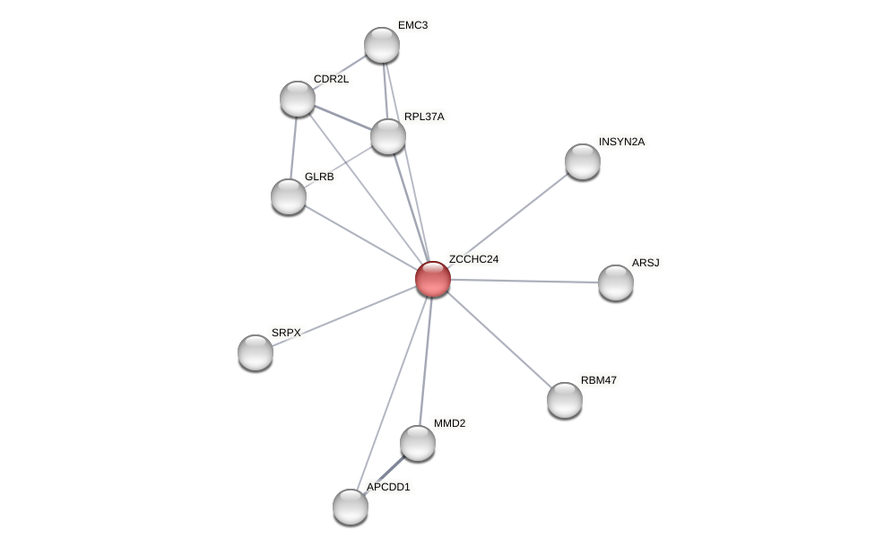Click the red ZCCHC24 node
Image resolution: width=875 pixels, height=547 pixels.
[x=432, y=279]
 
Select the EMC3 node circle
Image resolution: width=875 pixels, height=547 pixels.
[x=381, y=45]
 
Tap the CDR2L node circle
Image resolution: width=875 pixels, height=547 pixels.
[x=297, y=99]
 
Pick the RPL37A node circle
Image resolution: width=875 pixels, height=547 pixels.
[x=387, y=136]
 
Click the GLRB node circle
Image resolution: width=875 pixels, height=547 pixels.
[x=288, y=196]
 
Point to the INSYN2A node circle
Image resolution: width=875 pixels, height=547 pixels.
[x=582, y=161]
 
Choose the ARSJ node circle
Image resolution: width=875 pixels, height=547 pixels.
[x=615, y=282]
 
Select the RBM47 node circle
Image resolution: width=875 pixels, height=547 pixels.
[x=564, y=400]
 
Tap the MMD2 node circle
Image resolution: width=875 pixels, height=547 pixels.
[x=417, y=443]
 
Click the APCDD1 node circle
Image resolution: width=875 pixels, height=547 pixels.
[x=350, y=507]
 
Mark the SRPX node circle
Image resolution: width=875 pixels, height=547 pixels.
[x=255, y=352]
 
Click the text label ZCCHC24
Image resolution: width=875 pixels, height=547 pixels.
[x=473, y=259]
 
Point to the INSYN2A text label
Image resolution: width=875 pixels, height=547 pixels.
[x=621, y=142]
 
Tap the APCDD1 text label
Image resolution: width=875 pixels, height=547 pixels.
[x=387, y=487]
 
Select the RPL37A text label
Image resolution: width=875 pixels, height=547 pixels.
[x=423, y=117]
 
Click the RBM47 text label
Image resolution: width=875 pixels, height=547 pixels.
[x=598, y=380]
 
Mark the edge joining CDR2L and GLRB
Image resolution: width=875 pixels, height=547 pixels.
[x=293, y=147]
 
